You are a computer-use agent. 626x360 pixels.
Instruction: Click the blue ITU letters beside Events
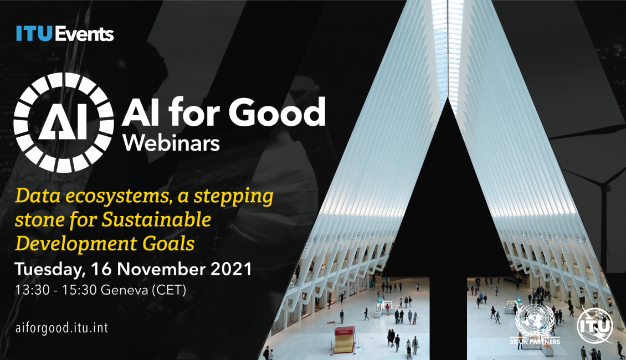click(x=34, y=34)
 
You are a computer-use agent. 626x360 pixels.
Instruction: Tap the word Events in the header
click(x=84, y=34)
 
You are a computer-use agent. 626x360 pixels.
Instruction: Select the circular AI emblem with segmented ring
click(x=64, y=122)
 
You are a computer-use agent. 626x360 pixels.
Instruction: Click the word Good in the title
click(x=277, y=112)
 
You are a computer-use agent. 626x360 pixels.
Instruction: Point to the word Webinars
click(x=171, y=142)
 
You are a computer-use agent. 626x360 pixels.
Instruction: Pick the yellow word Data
click(x=38, y=196)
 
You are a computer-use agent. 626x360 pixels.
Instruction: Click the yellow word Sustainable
click(x=156, y=219)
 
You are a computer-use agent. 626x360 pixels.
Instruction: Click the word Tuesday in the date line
click(x=50, y=269)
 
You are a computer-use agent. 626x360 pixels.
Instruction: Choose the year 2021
click(x=231, y=269)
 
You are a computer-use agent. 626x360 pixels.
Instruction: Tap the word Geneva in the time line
click(x=124, y=289)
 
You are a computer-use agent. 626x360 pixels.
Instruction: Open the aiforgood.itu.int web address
click(x=61, y=328)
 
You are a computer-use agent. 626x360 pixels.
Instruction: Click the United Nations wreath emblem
click(x=535, y=321)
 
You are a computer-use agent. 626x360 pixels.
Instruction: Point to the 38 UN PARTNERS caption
click(x=535, y=342)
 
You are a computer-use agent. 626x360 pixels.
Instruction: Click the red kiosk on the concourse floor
click(x=344, y=340)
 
